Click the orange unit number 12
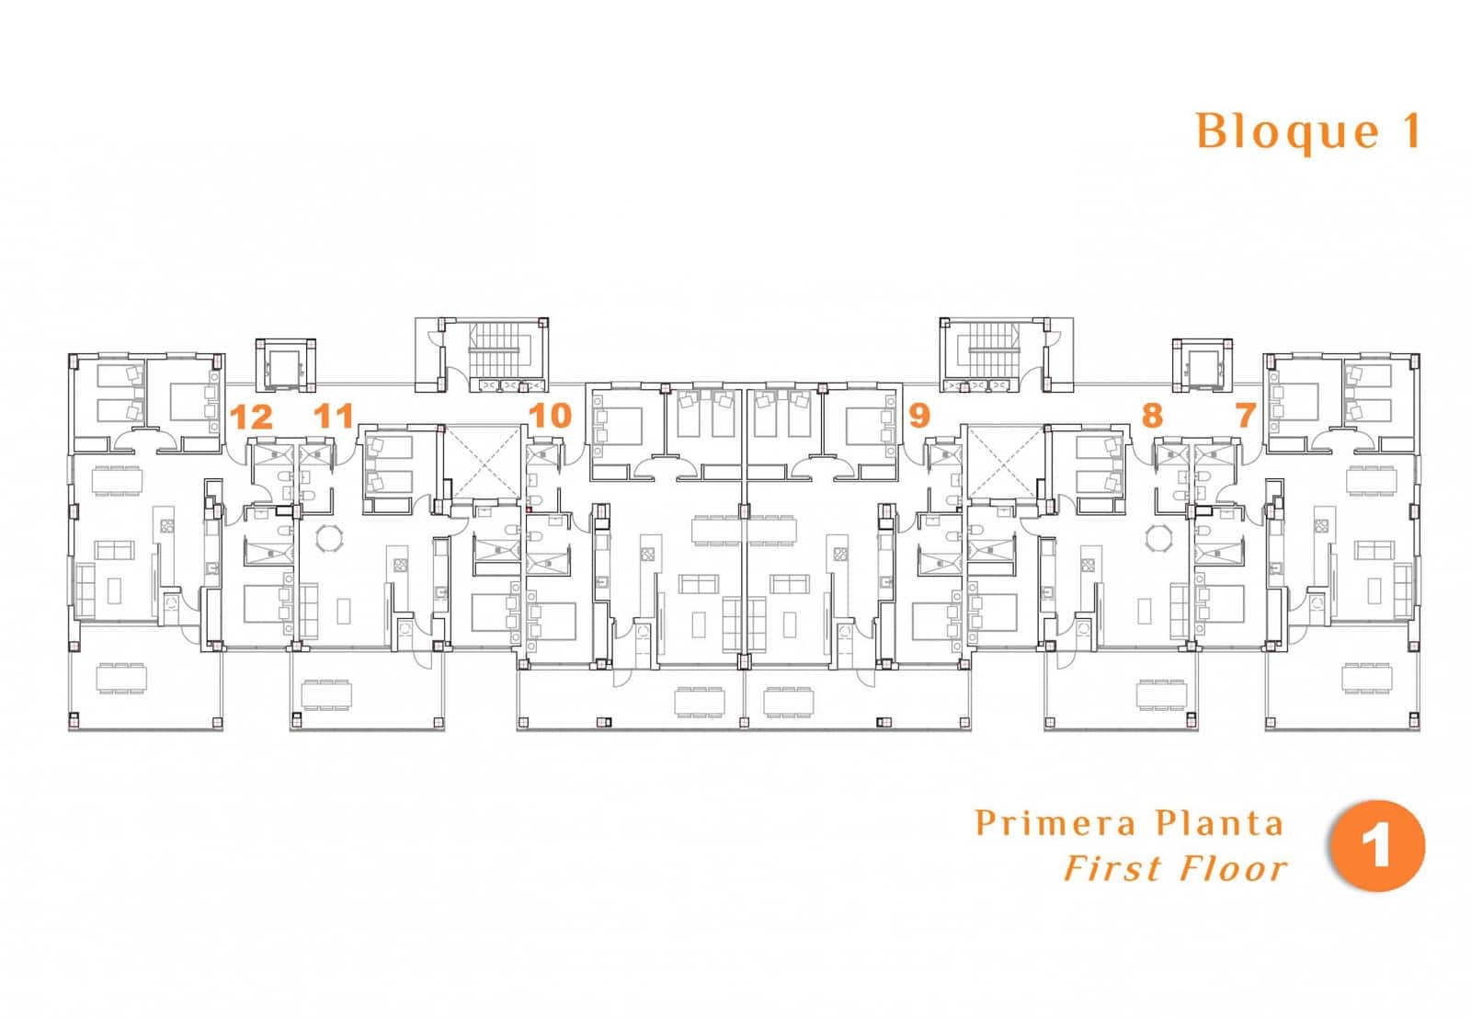[x=252, y=418]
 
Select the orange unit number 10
[x=551, y=416]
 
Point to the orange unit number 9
[x=919, y=416]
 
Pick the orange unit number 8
[x=1153, y=415]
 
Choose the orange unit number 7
[x=1246, y=415]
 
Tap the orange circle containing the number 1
[x=1377, y=845]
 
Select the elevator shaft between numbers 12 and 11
[x=284, y=366]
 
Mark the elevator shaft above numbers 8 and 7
[x=1203, y=366]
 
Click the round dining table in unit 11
[x=328, y=540]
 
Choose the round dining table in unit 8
[x=1159, y=540]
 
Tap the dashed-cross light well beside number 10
[x=484, y=462]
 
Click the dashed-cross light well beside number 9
[x=1003, y=462]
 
